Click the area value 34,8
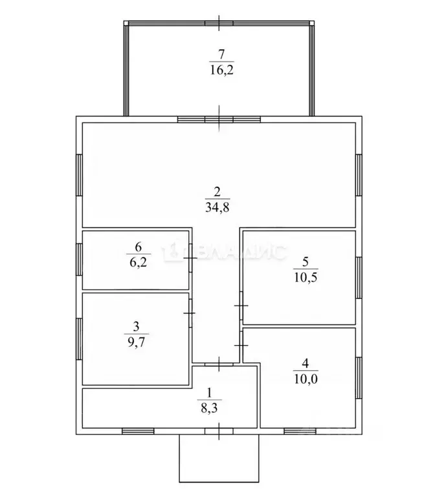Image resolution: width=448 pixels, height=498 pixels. [217, 207]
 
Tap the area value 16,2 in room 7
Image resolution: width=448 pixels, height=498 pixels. [221, 69]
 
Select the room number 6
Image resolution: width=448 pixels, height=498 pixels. [139, 246]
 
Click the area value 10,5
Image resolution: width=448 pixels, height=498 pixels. [306, 278]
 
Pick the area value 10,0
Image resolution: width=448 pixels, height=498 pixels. [306, 379]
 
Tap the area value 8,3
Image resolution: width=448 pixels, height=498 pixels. [209, 408]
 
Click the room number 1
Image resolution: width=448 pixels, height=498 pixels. [209, 394]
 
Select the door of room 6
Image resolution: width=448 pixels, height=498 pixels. [190, 258]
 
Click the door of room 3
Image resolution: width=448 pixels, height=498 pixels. [190, 313]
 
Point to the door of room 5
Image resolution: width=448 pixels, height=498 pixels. [241, 306]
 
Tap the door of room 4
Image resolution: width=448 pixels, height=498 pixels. [241, 345]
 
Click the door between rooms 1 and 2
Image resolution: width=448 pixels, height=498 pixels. [219, 364]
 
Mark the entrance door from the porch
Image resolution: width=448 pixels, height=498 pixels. [219, 431]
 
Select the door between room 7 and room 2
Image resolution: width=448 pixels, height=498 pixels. [219, 119]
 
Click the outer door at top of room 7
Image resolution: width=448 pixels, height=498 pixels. [219, 23]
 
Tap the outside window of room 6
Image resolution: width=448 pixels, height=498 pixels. [79, 259]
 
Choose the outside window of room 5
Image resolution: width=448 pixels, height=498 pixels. [359, 278]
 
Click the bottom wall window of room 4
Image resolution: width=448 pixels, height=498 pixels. [300, 431]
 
